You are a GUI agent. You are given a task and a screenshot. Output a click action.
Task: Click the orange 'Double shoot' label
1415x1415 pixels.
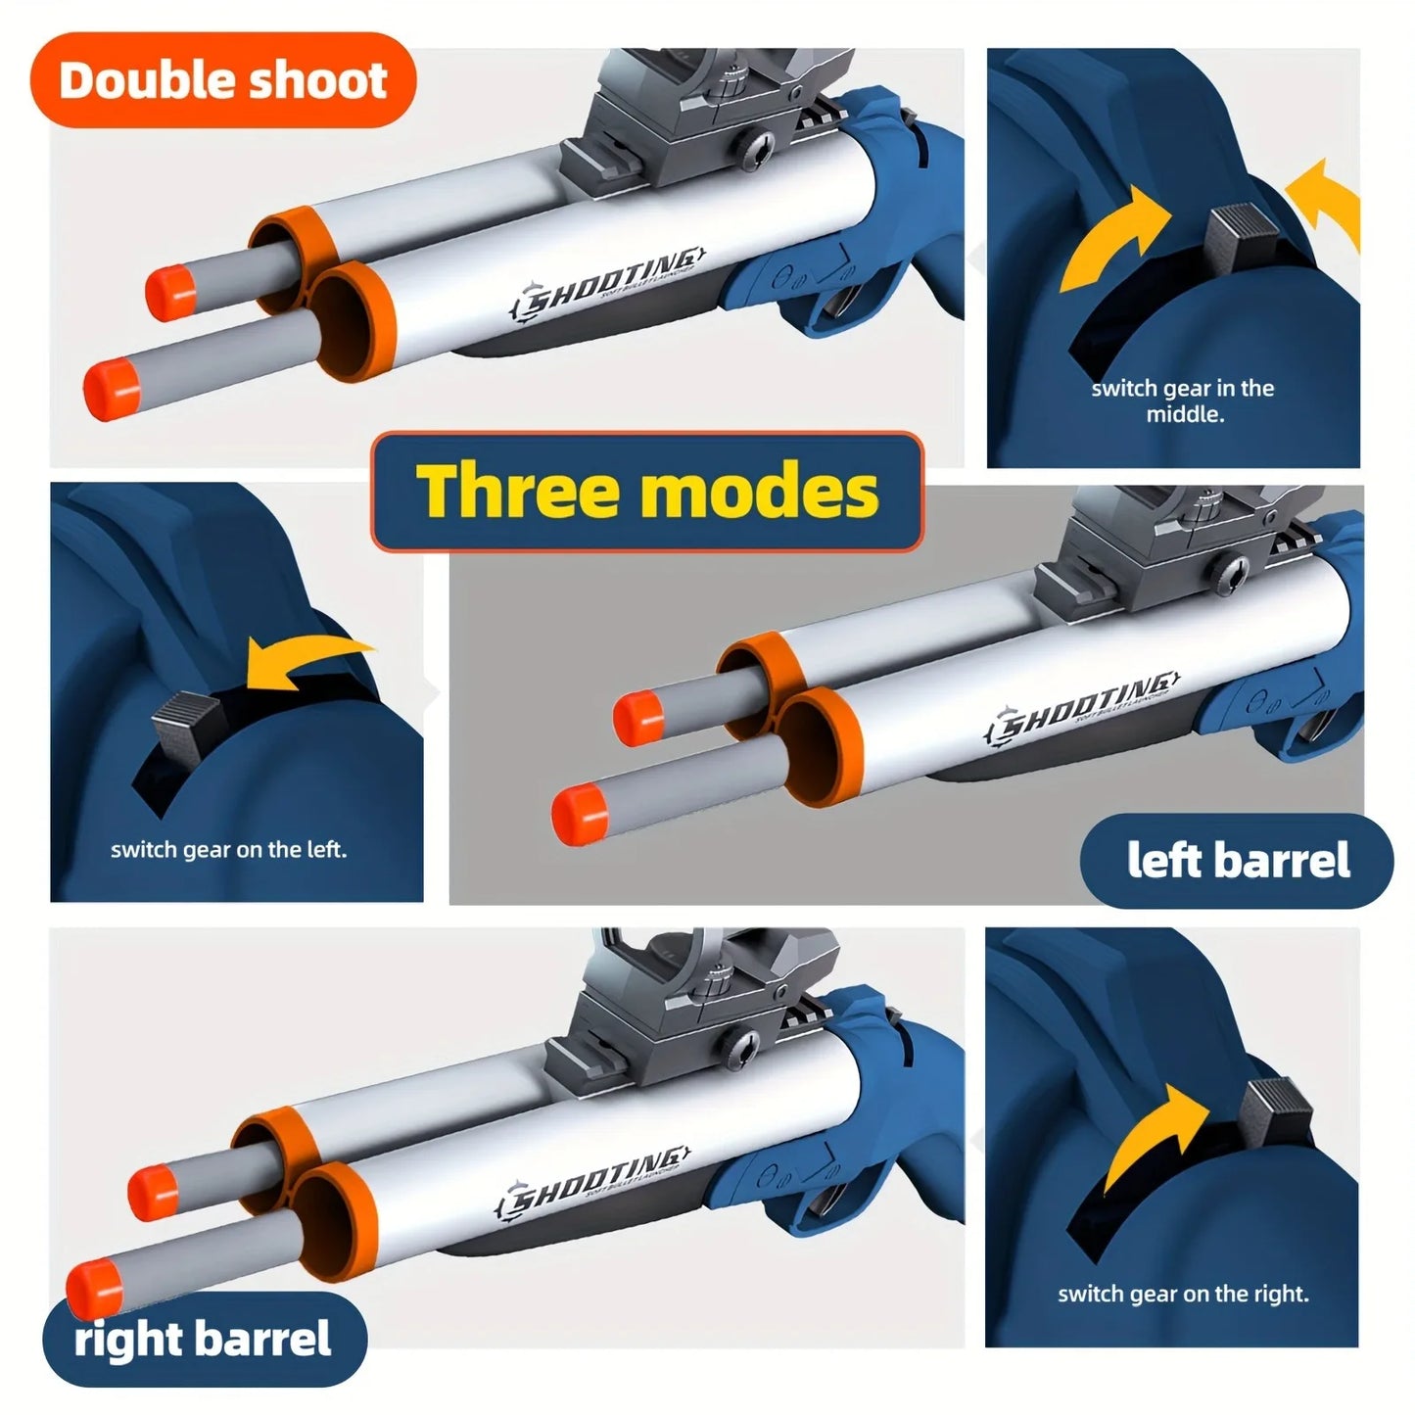point(223,80)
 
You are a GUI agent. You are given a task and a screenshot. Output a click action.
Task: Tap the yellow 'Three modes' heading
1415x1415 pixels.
point(646,491)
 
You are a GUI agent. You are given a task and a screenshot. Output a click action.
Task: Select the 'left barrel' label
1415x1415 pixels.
point(1238,861)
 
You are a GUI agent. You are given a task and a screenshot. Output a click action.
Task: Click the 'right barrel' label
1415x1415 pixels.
point(204,1339)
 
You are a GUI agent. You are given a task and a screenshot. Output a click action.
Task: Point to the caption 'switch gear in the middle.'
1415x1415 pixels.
point(1183,401)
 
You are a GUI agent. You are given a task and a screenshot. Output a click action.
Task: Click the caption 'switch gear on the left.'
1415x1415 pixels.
point(228,849)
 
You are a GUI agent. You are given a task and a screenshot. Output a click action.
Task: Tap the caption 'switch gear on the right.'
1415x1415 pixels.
point(1183,1294)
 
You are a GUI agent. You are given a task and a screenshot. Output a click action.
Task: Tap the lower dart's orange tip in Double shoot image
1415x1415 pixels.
point(111,389)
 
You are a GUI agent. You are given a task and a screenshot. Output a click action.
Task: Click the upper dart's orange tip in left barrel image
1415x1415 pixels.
point(637,717)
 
